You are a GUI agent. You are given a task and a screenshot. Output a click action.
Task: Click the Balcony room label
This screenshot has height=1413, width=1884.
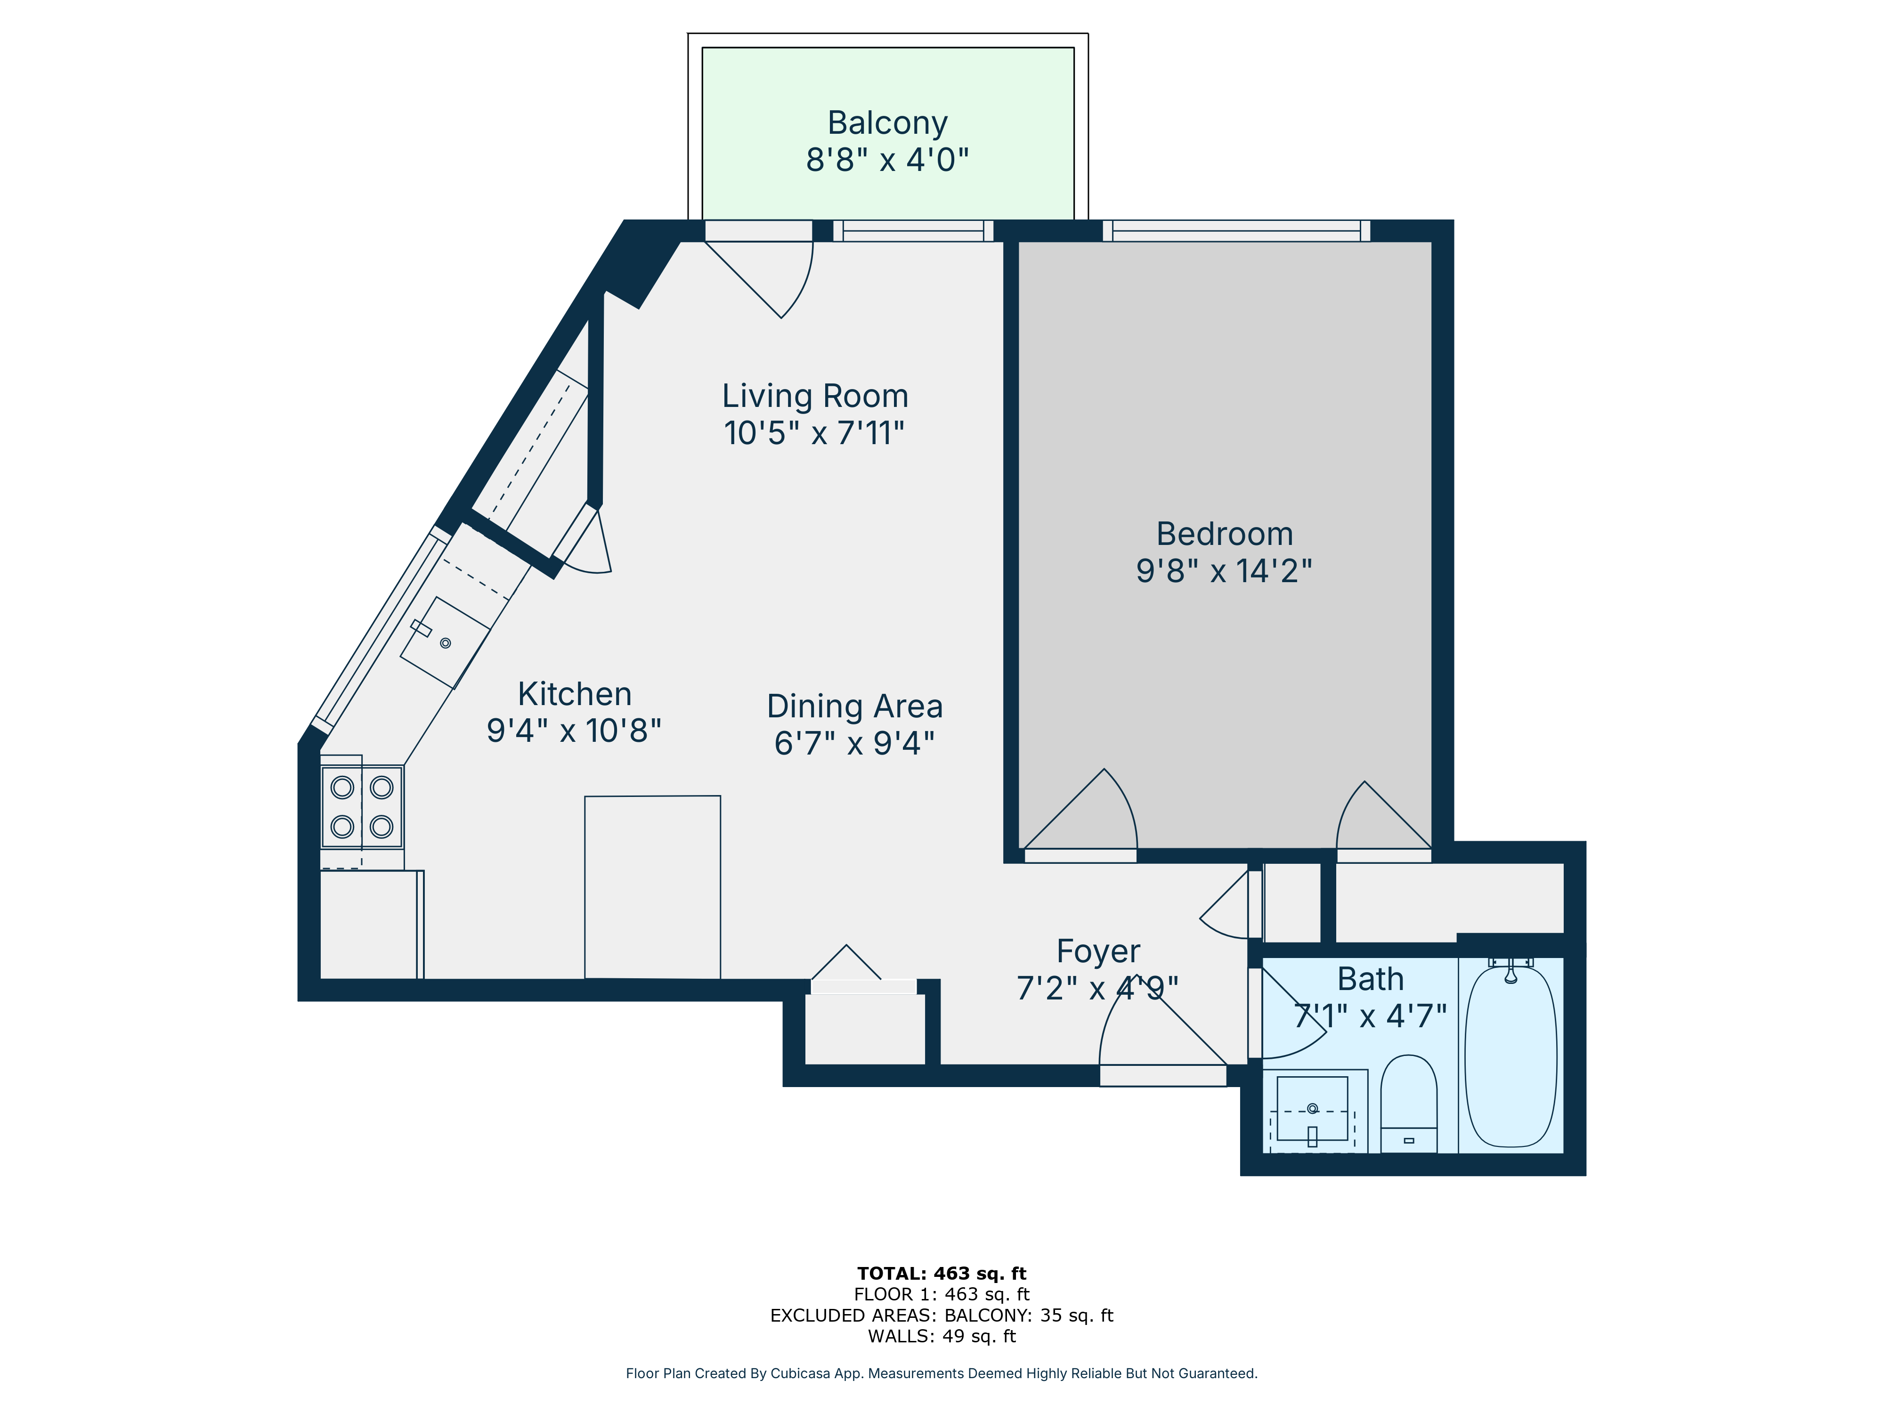coord(887,123)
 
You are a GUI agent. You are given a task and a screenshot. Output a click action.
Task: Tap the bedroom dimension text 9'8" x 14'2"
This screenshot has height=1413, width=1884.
coord(1224,571)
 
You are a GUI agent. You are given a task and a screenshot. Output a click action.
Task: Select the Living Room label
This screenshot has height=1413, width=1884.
coord(815,396)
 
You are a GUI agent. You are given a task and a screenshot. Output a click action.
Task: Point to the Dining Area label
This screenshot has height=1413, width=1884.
coord(854,707)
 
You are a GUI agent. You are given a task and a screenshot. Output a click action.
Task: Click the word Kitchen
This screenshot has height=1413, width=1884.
coord(575,694)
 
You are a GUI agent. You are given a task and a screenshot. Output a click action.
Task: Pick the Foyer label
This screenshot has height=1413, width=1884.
coord(1098,951)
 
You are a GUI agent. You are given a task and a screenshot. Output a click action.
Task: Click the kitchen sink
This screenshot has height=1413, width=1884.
coord(445,642)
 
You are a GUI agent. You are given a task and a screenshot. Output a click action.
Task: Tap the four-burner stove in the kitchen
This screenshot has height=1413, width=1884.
coord(362,806)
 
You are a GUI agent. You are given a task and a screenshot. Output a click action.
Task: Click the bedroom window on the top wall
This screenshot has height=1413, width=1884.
coord(1237,231)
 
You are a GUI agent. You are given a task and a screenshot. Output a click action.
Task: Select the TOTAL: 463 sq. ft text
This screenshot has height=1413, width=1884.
coord(942,1273)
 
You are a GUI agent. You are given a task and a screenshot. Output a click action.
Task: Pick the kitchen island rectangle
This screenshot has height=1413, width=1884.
coord(652,887)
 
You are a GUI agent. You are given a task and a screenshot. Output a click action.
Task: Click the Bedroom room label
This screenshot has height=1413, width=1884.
coord(1225,534)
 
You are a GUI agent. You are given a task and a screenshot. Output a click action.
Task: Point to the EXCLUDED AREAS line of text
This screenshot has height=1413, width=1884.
coord(942,1315)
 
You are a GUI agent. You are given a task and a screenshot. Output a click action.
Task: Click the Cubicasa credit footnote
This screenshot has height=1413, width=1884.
coord(942,1373)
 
